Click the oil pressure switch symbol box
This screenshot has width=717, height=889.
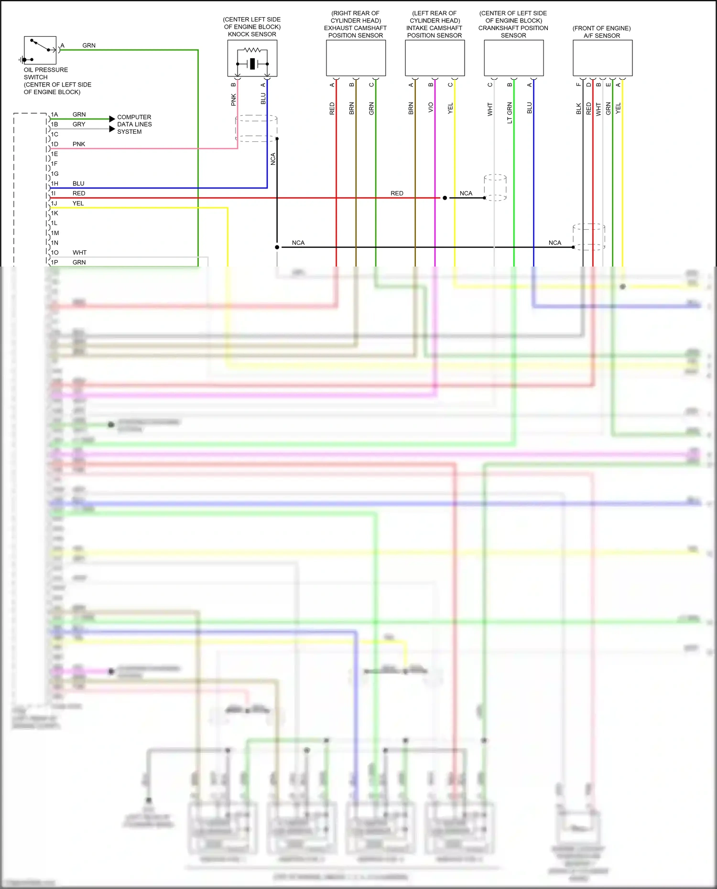point(40,50)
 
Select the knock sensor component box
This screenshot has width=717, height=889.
point(252,58)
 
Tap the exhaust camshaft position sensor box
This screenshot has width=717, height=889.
point(356,58)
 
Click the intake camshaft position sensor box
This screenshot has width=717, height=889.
point(435,58)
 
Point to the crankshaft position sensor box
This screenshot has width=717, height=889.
point(513,58)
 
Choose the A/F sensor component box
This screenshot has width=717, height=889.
point(602,58)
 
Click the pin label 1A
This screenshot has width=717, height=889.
point(54,115)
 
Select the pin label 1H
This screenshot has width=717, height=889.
point(54,183)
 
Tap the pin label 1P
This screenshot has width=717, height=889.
point(54,262)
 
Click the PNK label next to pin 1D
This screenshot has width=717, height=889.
point(79,144)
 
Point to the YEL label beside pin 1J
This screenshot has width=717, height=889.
point(78,204)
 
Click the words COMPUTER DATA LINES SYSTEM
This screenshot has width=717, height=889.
point(134,124)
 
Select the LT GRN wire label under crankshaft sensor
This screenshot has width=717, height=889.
point(510,113)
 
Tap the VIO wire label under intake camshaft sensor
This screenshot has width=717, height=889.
point(431,107)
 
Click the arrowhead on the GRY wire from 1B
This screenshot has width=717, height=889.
point(112,129)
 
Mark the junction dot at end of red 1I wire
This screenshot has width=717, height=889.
point(445,198)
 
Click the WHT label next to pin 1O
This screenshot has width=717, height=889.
point(79,253)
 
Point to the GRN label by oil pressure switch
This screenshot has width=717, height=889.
point(89,45)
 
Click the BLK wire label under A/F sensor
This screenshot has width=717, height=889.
point(578,108)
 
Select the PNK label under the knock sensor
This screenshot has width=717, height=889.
point(234,99)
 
